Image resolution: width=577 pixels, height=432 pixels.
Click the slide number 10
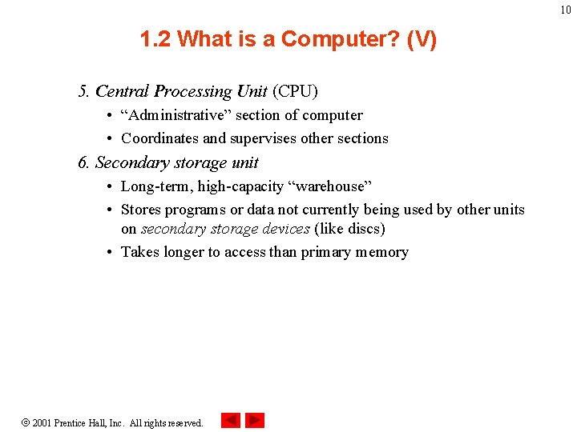566,10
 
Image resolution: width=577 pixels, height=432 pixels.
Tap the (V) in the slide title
422,39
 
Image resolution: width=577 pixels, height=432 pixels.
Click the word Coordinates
160,138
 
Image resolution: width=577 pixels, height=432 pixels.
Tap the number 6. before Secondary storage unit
84,162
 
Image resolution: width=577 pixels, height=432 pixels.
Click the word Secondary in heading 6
127,162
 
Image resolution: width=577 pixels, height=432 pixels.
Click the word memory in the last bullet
383,252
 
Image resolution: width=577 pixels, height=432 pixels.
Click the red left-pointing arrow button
231,420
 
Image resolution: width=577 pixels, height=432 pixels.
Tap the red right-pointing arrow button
254,420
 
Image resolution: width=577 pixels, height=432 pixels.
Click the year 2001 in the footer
41,422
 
